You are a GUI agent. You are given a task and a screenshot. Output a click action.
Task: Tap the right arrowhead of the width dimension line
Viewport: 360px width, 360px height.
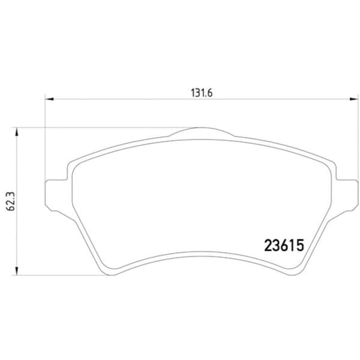click(353, 99)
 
